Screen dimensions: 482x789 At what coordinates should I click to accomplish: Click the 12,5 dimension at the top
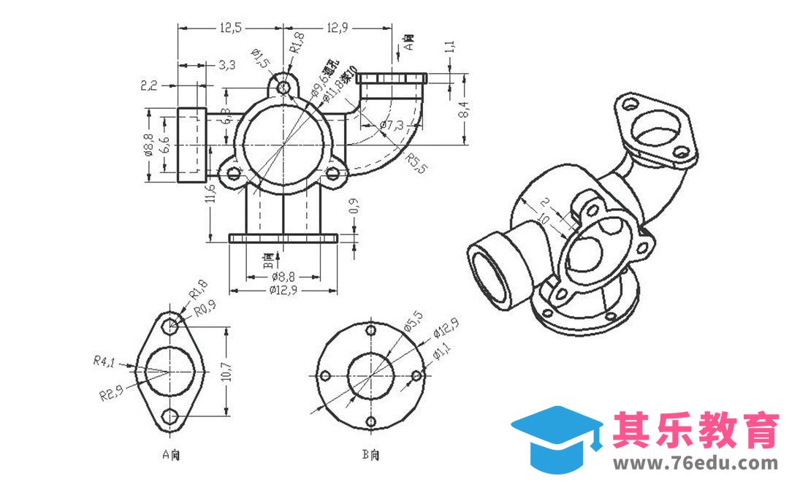click(229, 28)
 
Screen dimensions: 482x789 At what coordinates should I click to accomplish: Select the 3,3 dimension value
click(226, 65)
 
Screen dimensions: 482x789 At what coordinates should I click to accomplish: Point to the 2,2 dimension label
click(149, 85)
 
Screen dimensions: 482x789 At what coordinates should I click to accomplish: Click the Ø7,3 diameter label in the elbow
click(392, 126)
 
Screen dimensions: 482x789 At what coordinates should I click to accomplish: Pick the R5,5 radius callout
click(417, 162)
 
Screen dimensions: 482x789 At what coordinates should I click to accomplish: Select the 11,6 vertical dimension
click(210, 193)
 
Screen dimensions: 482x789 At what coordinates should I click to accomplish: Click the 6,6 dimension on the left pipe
click(165, 145)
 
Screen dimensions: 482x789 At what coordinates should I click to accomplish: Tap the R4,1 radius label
click(104, 360)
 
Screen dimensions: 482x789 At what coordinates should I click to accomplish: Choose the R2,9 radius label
click(110, 395)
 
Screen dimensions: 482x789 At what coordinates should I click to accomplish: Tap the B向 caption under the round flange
click(371, 454)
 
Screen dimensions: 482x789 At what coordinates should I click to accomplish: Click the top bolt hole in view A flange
click(171, 326)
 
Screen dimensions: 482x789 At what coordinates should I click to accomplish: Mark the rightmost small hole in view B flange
click(416, 375)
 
